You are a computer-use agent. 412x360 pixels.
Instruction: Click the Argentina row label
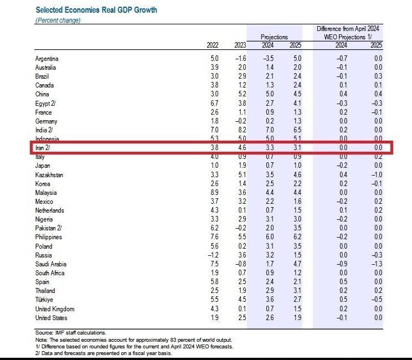coord(47,59)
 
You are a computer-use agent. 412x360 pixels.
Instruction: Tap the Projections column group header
coord(274,37)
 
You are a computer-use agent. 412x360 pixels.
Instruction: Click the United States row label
coord(51,318)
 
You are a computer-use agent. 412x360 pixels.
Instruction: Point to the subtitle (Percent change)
coord(58,20)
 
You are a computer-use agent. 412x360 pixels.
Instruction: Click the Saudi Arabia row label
coord(51,264)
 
